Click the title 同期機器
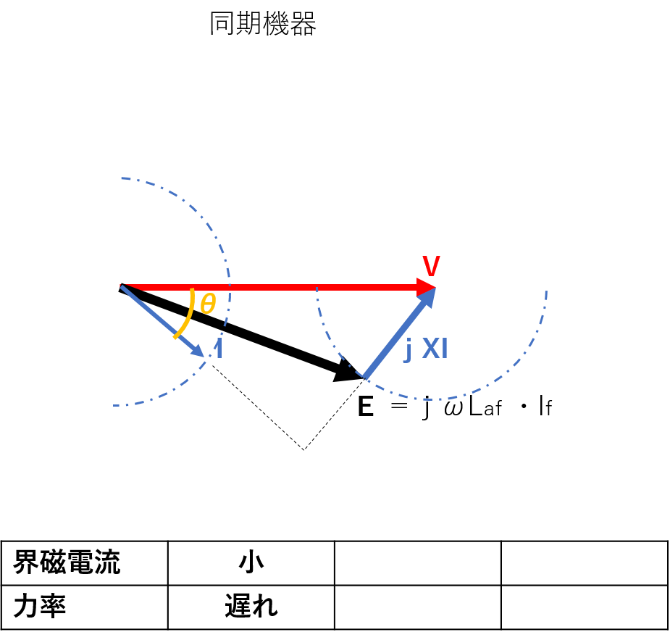click(x=263, y=23)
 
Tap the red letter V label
click(x=431, y=266)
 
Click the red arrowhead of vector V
click(x=426, y=287)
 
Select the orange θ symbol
click(x=208, y=304)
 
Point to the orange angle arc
click(x=188, y=315)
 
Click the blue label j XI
click(x=426, y=349)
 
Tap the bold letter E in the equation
click(x=366, y=406)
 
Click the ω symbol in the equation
click(x=453, y=408)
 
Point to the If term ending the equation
click(x=545, y=406)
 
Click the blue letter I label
click(x=219, y=349)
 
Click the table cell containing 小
click(x=251, y=562)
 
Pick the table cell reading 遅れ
click(x=251, y=607)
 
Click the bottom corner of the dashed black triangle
click(x=303, y=450)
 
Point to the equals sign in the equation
click(x=399, y=405)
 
